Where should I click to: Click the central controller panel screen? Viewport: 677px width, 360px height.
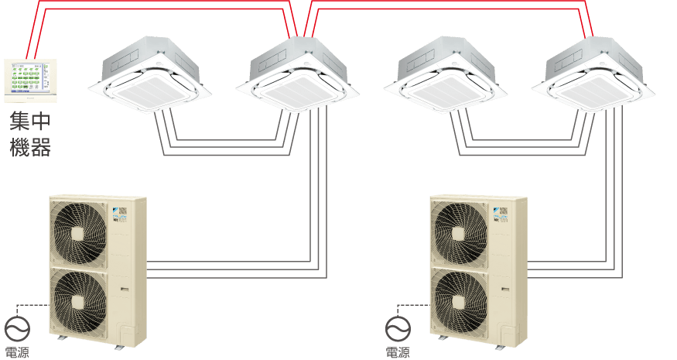30,81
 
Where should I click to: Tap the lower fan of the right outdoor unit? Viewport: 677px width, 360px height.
460,298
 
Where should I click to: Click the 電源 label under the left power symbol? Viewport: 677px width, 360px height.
16,353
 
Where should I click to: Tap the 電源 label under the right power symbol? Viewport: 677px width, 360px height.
398,353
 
